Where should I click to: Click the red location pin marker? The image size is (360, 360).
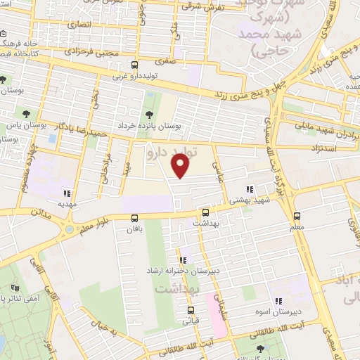pos(181,167)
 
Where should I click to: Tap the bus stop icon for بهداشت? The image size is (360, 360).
pos(205,212)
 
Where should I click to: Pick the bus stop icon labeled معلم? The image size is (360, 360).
pos(297,217)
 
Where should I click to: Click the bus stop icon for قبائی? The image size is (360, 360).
pos(190,309)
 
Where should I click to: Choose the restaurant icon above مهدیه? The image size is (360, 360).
pos(67,193)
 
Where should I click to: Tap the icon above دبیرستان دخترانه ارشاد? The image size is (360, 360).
pos(183,261)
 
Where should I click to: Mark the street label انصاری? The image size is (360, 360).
pos(74,23)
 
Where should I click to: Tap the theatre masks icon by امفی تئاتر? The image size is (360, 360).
pos(15,288)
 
